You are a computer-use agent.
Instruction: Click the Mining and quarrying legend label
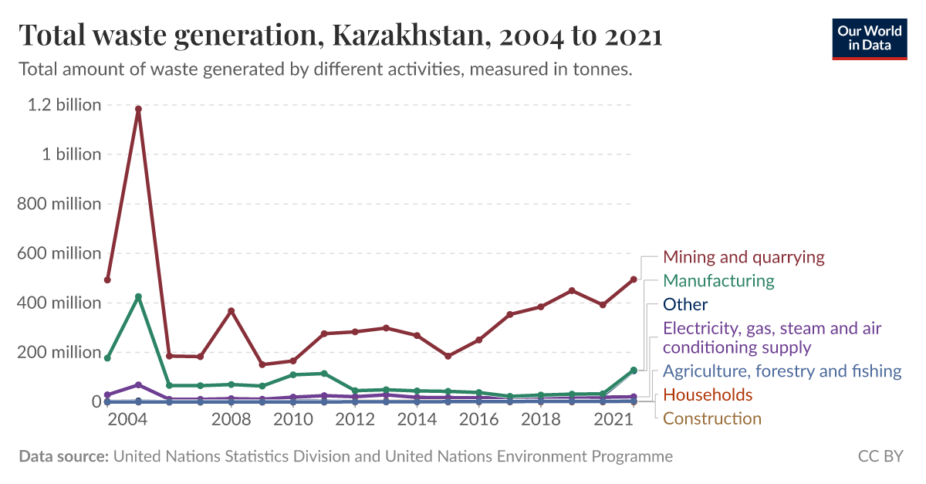coord(744,257)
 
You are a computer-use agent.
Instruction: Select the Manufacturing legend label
coord(718,281)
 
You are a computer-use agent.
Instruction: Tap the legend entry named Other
coord(685,305)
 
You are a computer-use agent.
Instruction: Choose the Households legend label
coord(708,395)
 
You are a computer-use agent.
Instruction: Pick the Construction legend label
coord(712,419)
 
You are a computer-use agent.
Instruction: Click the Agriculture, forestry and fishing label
coord(782,371)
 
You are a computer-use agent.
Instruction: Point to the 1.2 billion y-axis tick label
coord(64,105)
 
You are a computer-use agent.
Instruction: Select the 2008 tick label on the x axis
coord(231,420)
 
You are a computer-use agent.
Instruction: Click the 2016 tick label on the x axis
coord(478,420)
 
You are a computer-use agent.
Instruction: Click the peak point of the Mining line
coord(138,110)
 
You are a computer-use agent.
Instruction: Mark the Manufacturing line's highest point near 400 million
coord(138,296)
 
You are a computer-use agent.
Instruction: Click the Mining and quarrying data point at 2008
coord(231,311)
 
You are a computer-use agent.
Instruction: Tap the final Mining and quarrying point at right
coord(634,279)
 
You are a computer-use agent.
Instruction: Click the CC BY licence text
coord(880,457)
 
